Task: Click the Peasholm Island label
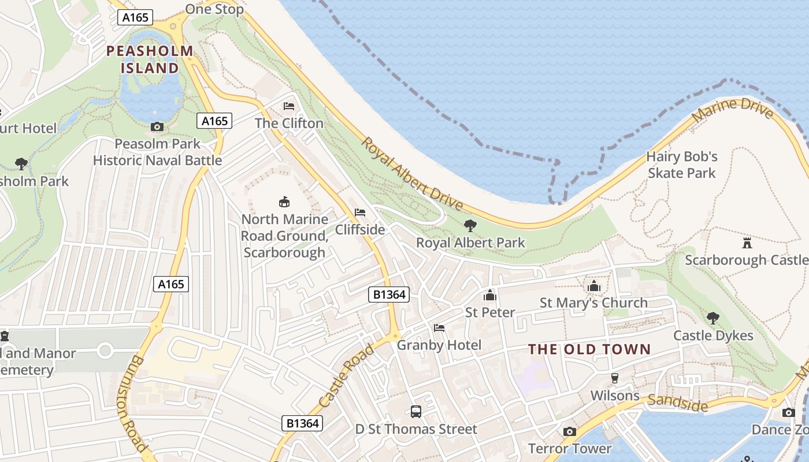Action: click(150, 59)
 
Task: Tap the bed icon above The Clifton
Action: click(289, 106)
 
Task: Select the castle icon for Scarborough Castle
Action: click(747, 243)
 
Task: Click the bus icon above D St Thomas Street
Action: click(415, 412)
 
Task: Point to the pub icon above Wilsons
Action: click(614, 378)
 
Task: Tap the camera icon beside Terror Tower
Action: click(569, 431)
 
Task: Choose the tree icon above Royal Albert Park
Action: click(470, 225)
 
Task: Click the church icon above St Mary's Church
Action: click(593, 286)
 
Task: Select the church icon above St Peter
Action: click(490, 295)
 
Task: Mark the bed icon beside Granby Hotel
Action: click(439, 328)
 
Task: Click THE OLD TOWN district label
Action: click(589, 349)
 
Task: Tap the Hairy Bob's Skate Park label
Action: click(682, 165)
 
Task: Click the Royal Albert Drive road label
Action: click(412, 174)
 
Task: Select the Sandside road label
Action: click(677, 403)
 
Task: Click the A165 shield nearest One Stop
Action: click(136, 17)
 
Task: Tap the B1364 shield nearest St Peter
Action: click(389, 295)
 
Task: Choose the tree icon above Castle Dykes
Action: click(712, 318)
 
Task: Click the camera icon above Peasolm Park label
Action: click(157, 126)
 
